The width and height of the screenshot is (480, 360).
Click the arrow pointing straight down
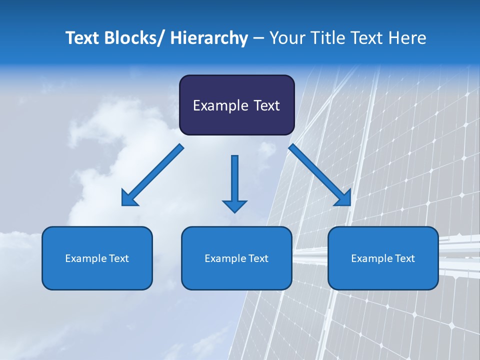click(x=234, y=180)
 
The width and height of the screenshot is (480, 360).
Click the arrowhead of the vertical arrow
click(x=234, y=205)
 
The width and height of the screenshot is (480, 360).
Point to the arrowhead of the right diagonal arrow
click(x=343, y=198)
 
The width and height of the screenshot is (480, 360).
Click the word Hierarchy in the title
click(x=209, y=38)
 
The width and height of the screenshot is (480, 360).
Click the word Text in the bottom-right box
click(x=404, y=258)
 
